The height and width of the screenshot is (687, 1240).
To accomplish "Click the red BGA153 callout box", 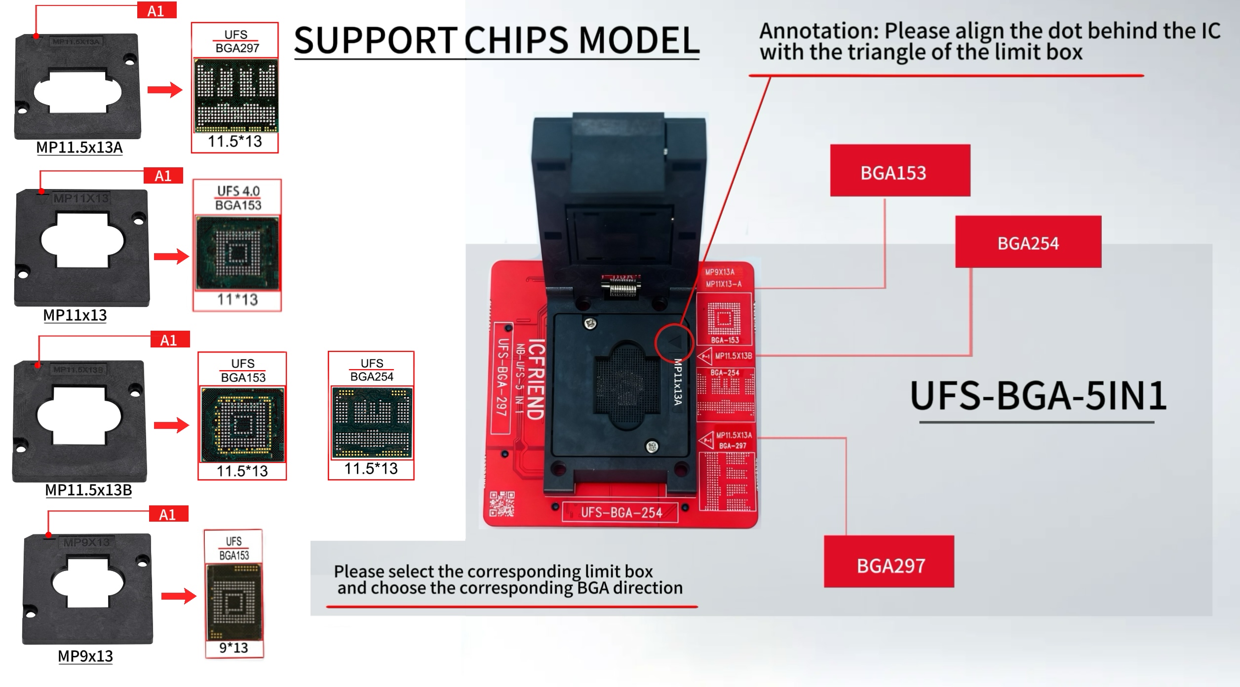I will [899, 171].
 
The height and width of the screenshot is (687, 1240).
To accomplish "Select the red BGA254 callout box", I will [1028, 242].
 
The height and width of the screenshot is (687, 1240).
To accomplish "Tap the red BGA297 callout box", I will [889, 562].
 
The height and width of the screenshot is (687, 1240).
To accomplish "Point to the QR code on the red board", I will [502, 503].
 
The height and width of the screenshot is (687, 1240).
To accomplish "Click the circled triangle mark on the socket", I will [674, 342].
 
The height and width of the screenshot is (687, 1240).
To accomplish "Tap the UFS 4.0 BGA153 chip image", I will [237, 253].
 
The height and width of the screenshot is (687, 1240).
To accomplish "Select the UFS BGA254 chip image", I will [372, 422].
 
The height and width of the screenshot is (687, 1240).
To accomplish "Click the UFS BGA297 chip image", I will [236, 95].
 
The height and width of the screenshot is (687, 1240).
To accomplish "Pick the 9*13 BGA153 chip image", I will [234, 602].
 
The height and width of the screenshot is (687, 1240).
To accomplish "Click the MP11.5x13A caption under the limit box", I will [79, 148].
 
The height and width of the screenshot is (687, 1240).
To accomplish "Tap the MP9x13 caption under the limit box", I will [85, 656].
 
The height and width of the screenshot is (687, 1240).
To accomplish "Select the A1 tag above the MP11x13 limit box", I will [163, 176].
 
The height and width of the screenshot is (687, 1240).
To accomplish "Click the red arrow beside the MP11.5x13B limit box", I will [171, 425].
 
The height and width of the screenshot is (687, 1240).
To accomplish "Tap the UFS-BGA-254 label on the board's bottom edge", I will [620, 513].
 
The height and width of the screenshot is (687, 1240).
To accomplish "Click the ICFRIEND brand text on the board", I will [537, 379].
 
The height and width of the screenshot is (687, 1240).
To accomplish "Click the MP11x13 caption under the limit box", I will [75, 315].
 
